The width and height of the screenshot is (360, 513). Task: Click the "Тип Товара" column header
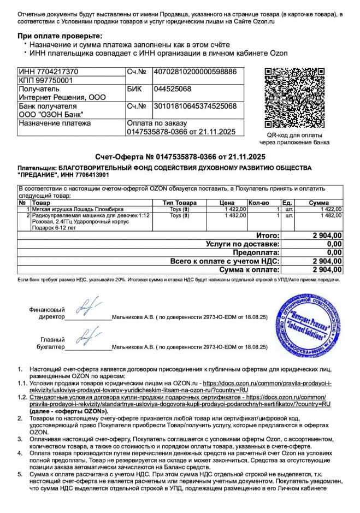(180, 203)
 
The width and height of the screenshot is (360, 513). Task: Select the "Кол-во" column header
(258, 203)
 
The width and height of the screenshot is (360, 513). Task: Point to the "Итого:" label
(268, 235)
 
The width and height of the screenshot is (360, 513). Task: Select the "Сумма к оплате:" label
(249, 270)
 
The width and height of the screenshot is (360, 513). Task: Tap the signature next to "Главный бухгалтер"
(84, 339)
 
